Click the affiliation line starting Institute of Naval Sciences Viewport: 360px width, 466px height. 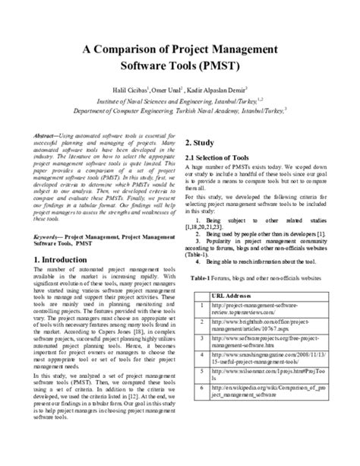tap(180, 100)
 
